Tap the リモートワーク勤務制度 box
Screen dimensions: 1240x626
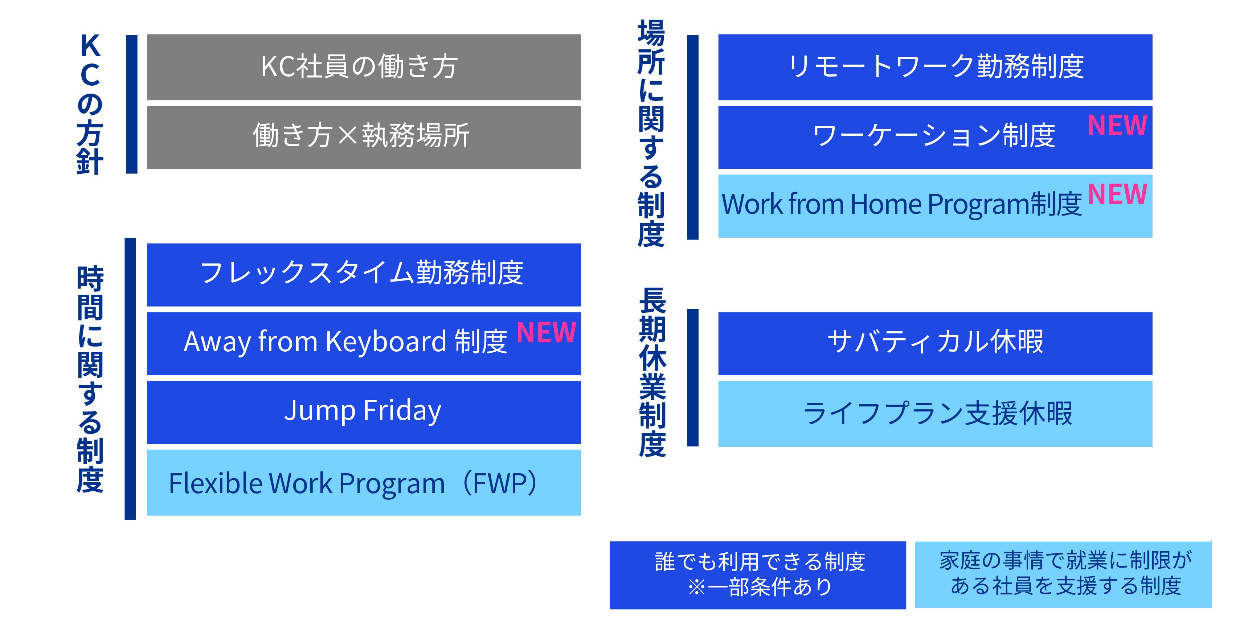click(x=935, y=67)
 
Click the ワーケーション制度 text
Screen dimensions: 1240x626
click(x=933, y=135)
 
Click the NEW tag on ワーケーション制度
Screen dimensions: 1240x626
click(x=1117, y=125)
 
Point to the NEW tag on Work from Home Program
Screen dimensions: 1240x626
click(x=1117, y=194)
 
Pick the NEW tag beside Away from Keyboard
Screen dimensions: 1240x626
click(x=546, y=332)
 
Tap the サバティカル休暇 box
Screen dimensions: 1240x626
click(x=935, y=343)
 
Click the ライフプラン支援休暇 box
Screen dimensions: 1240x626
click(x=935, y=414)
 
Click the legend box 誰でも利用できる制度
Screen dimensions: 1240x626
click(x=758, y=575)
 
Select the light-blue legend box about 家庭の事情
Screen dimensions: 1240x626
click(x=1063, y=574)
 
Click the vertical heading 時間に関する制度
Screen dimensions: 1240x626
click(x=90, y=379)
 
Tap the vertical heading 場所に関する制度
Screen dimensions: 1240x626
click(x=651, y=134)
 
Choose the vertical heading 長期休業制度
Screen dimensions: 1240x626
click(x=652, y=372)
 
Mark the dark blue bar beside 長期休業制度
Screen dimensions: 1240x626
click(x=693, y=377)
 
